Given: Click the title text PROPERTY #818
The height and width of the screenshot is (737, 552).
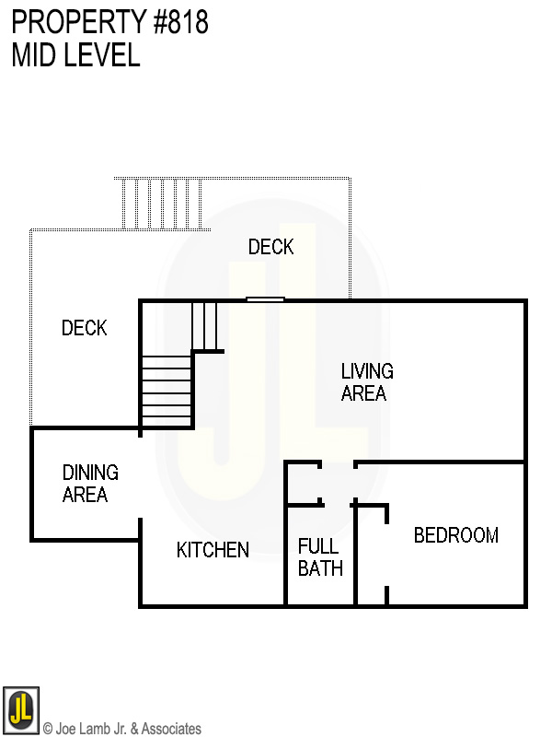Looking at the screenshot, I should [110, 22].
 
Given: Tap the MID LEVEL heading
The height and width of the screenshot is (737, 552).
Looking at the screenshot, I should [75, 55].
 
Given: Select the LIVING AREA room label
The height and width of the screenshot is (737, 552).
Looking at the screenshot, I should [367, 382].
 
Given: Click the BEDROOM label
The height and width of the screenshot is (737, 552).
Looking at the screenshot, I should [455, 535].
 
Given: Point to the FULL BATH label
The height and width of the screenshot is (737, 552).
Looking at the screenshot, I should [320, 557].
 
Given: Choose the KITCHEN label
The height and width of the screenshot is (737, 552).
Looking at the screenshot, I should [213, 550].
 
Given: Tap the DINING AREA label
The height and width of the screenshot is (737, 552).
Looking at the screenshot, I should [89, 484].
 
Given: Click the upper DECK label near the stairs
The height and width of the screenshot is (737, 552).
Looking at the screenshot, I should [270, 247].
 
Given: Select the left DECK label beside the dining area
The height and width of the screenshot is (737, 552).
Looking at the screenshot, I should [84, 328].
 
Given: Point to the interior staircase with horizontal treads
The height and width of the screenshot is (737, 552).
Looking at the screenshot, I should [167, 391].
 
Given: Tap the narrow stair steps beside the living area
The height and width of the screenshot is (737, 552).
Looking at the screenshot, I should [203, 325].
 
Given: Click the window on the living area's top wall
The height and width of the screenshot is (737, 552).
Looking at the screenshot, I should [265, 299].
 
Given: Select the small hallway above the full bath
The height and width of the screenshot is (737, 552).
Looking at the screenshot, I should [338, 483].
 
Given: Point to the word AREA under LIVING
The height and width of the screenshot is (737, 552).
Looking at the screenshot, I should [363, 393].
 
